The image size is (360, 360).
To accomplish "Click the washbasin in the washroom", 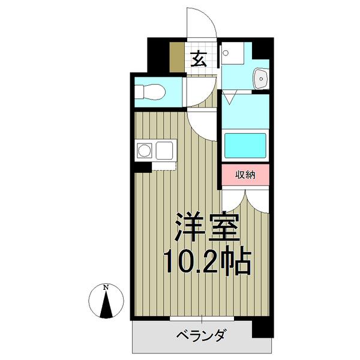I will pos(262,77).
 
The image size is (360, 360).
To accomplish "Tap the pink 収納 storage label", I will pos(245,175).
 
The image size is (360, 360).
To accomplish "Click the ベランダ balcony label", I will pos(200,335).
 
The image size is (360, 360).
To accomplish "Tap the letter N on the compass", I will pos(106,287).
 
